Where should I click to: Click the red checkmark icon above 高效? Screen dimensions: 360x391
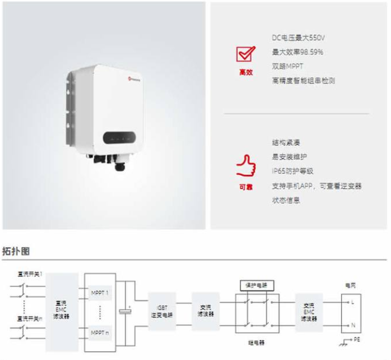coord(245,54)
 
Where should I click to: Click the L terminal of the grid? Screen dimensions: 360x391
coord(352,302)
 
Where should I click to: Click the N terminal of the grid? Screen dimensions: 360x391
coord(352,324)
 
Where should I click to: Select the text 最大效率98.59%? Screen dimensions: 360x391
coord(297,52)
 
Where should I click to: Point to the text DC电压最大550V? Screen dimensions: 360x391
coord(298,37)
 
